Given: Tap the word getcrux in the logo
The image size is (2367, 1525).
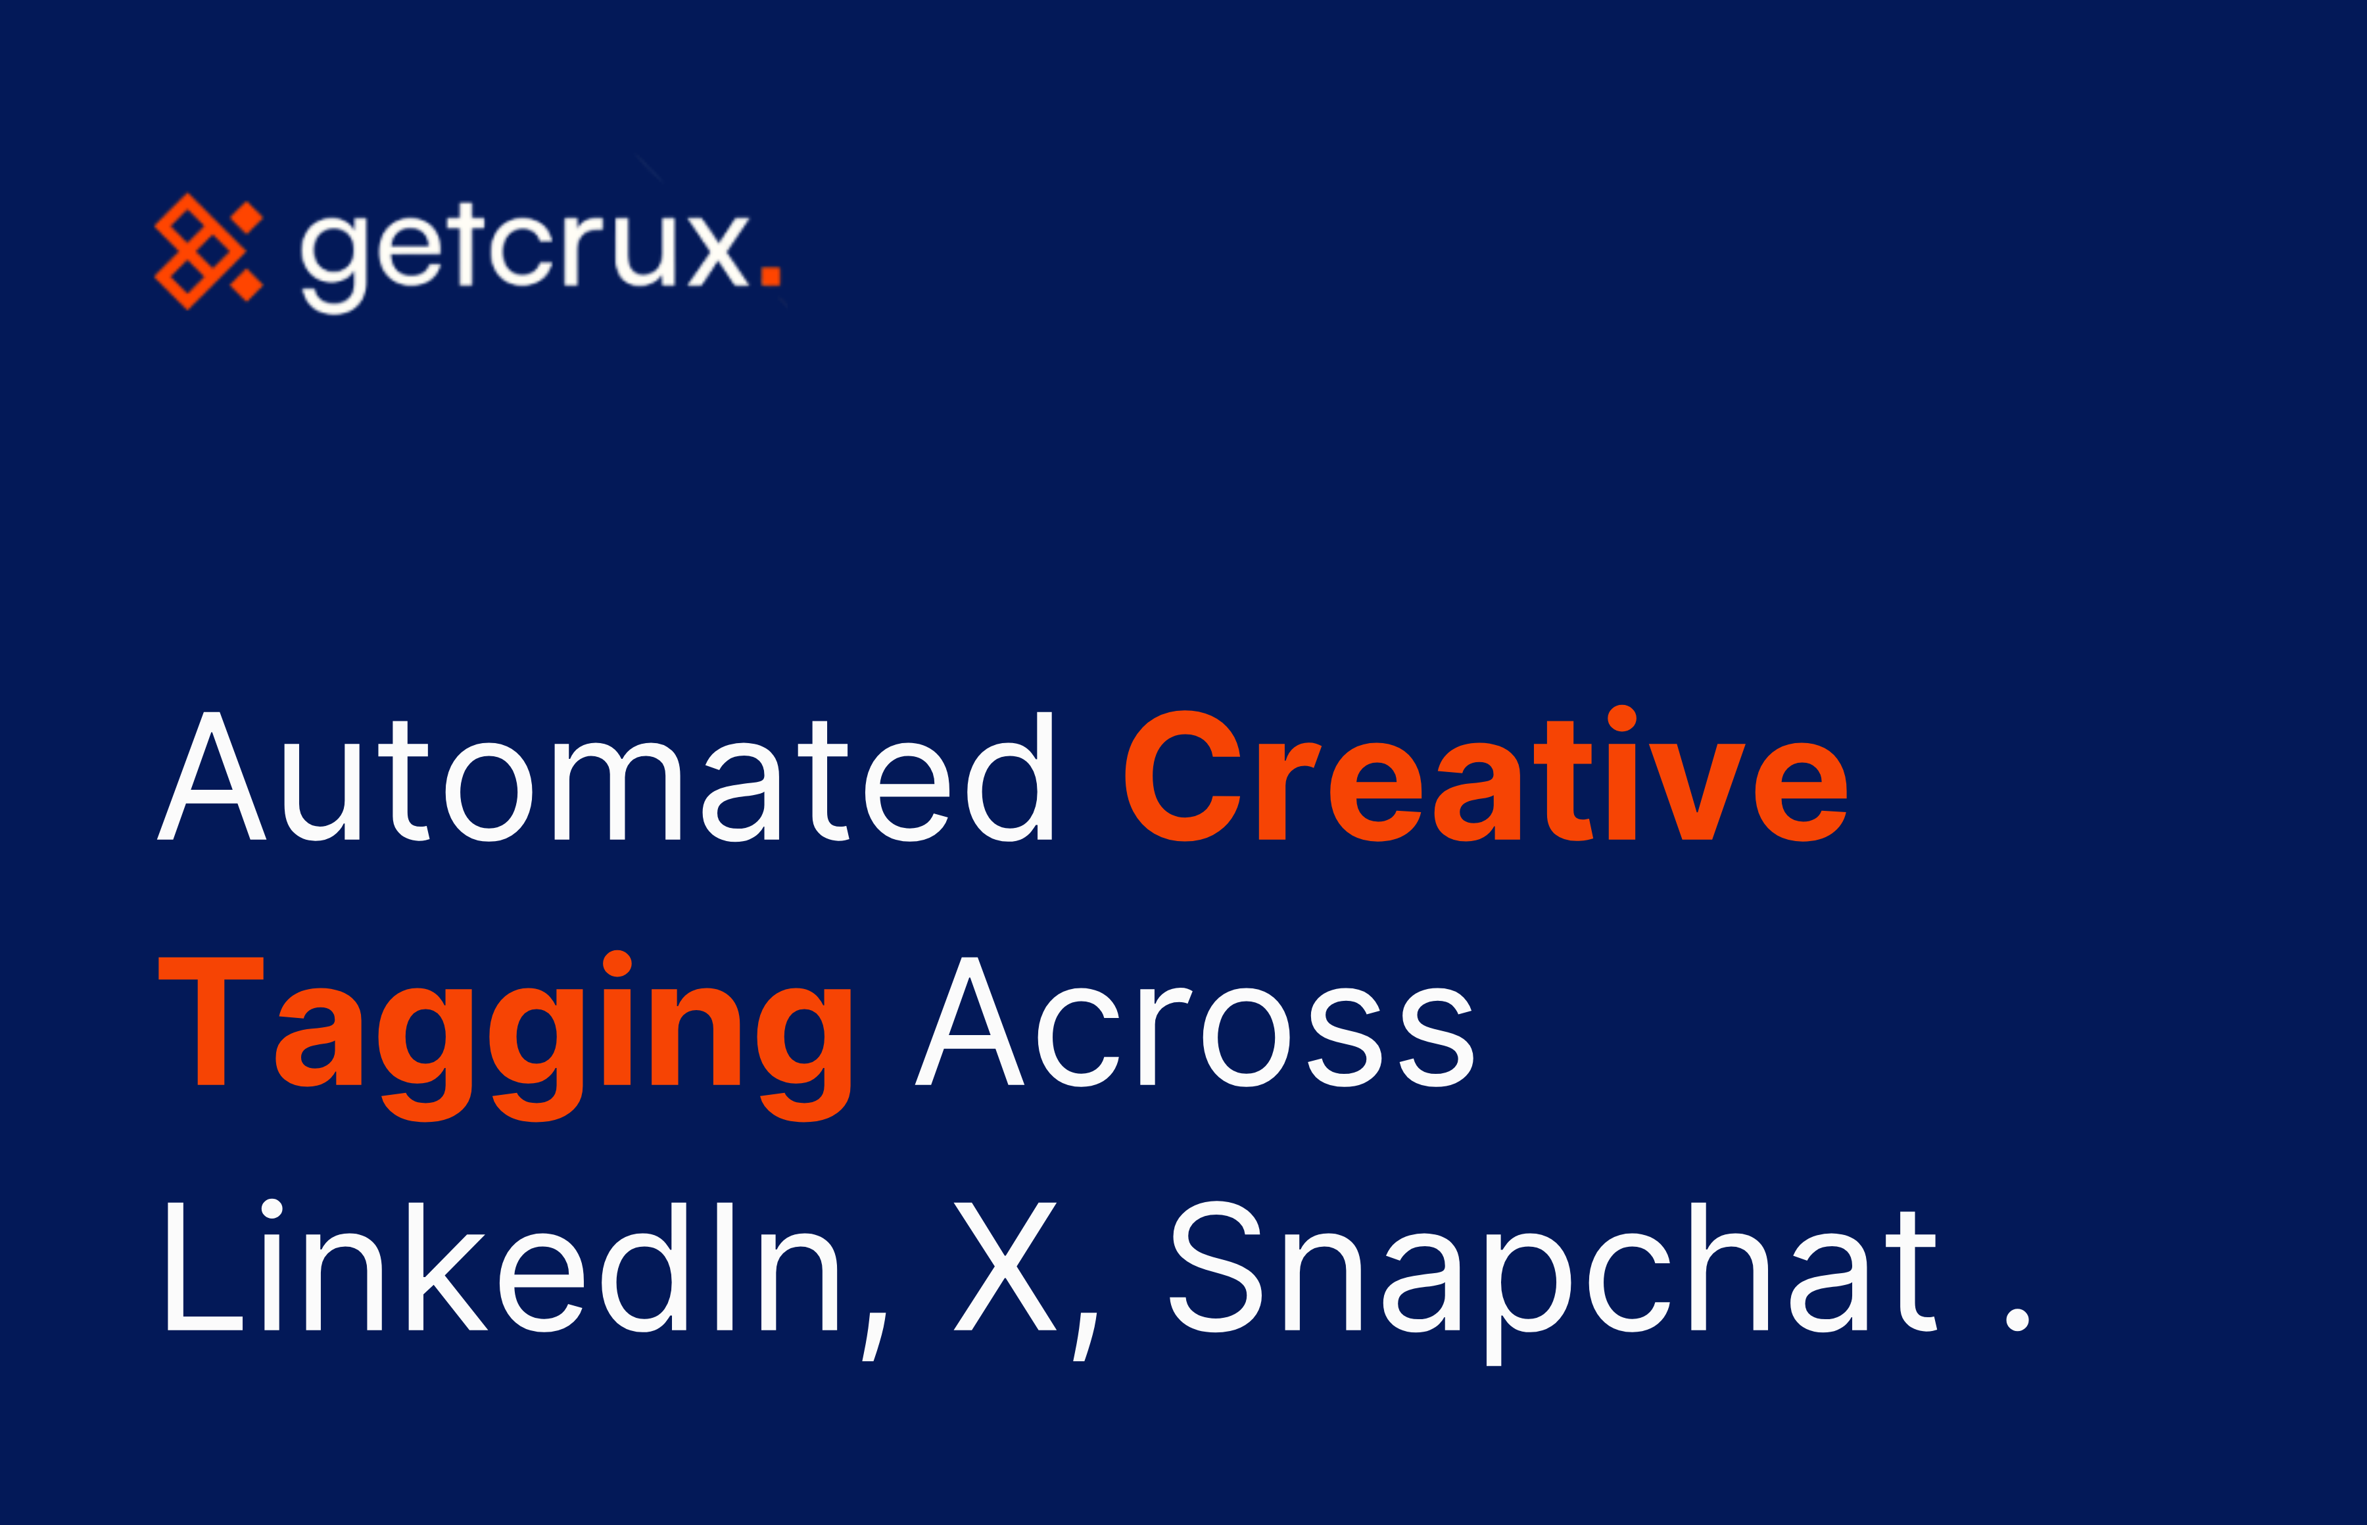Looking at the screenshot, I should point(525,253).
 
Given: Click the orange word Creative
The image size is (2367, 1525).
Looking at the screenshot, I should point(1485,777).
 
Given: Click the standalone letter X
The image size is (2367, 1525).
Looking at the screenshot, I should point(1004,1267).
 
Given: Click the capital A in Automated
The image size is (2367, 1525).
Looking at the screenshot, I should point(212,777).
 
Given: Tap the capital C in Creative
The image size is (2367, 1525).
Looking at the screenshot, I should point(1183,777).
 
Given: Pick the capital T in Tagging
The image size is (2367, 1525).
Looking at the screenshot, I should point(211,1022).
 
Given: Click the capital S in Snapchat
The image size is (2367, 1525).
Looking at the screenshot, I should point(1216,1267).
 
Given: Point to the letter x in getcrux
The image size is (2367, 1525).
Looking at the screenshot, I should point(718,253).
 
